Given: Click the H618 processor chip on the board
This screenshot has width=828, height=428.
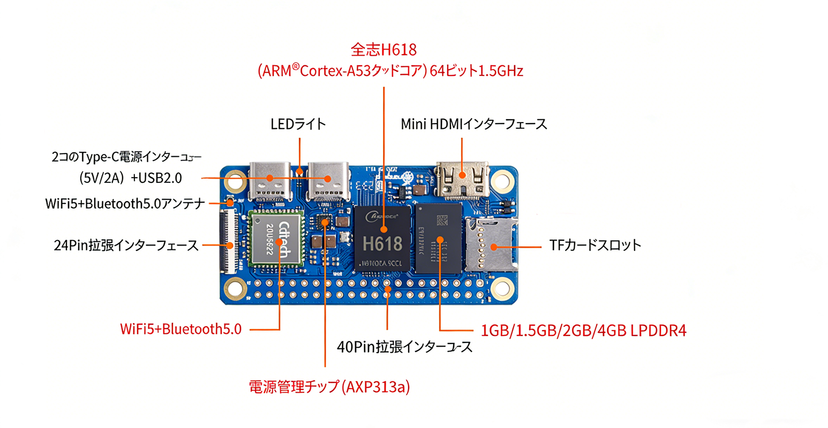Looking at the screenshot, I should pyautogui.click(x=382, y=238).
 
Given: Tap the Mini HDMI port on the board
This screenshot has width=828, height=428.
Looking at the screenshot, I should pyautogui.click(x=463, y=179).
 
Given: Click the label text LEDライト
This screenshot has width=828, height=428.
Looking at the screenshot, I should pyautogui.click(x=298, y=124).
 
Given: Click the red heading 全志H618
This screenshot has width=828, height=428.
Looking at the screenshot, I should pyautogui.click(x=383, y=50).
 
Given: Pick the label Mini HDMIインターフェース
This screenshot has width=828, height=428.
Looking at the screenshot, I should pyautogui.click(x=474, y=124).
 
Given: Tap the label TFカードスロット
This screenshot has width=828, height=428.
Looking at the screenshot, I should pyautogui.click(x=595, y=246).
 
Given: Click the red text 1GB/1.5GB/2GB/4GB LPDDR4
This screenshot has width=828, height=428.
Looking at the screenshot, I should pyautogui.click(x=583, y=331).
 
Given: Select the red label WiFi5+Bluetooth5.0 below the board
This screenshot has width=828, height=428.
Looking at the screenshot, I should pyautogui.click(x=180, y=328).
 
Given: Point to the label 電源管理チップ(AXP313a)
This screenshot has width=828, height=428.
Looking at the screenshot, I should pyautogui.click(x=329, y=387).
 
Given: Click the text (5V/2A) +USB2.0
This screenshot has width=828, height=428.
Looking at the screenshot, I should pyautogui.click(x=130, y=178).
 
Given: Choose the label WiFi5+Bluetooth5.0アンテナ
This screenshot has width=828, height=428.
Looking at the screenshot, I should pyautogui.click(x=125, y=204).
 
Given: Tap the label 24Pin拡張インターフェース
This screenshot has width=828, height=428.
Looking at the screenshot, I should pyautogui.click(x=126, y=246).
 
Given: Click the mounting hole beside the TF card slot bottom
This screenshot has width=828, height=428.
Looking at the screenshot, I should pyautogui.click(x=502, y=288).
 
